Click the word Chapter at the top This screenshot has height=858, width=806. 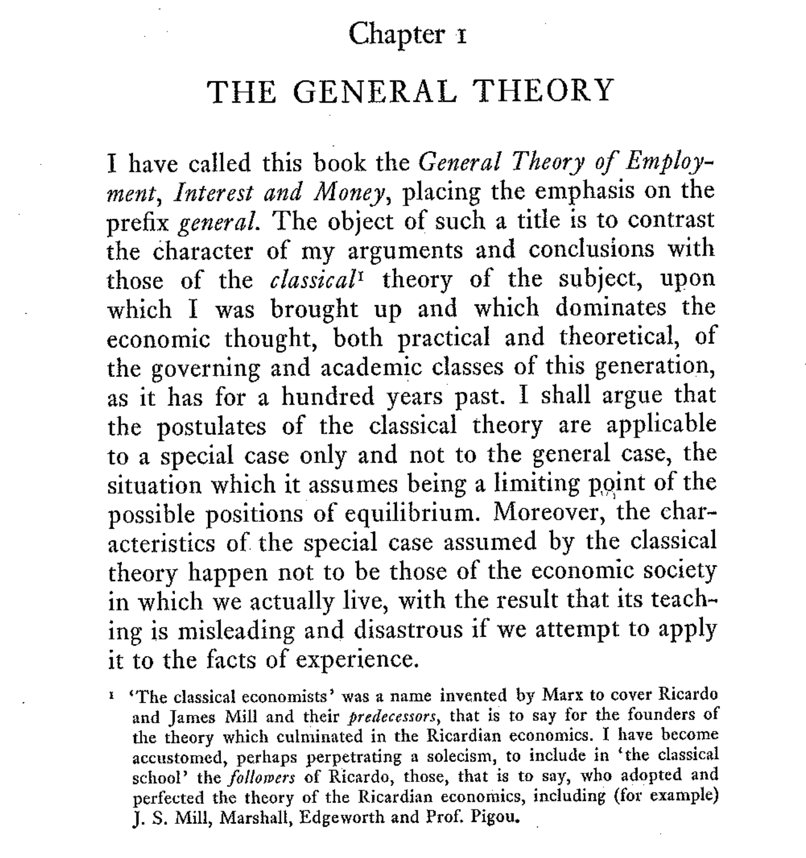click(x=396, y=35)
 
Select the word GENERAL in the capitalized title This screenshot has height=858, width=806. click(x=375, y=91)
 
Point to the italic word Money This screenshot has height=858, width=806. click(x=349, y=194)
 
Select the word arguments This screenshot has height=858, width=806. click(x=405, y=251)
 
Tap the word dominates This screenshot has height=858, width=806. click(x=610, y=308)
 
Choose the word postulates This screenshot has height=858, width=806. click(x=212, y=427)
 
